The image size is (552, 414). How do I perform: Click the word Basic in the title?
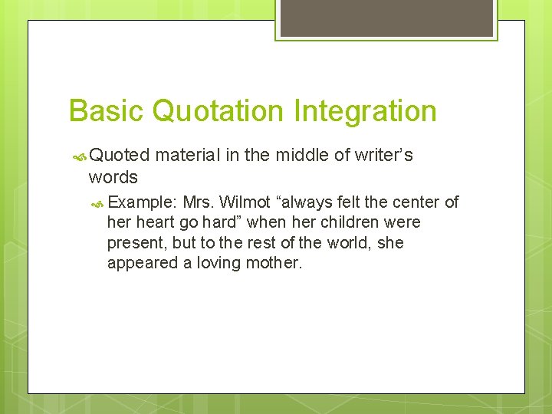coord(107,111)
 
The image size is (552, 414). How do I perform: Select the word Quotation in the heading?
coord(218,111)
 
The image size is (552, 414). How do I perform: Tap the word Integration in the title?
coord(365,111)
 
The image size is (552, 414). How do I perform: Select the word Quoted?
coord(120,156)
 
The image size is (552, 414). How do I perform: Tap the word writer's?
coord(386,156)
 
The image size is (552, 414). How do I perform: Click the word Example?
coord(143,202)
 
